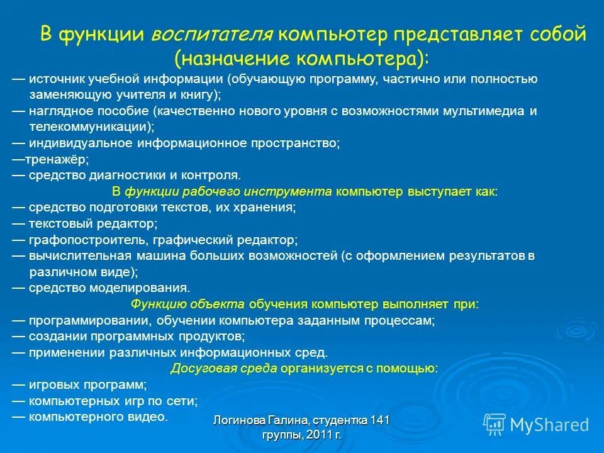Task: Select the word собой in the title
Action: coord(554,34)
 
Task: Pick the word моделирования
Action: coord(148,288)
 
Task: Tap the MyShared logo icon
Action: coord(493,424)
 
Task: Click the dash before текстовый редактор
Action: coord(18,223)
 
